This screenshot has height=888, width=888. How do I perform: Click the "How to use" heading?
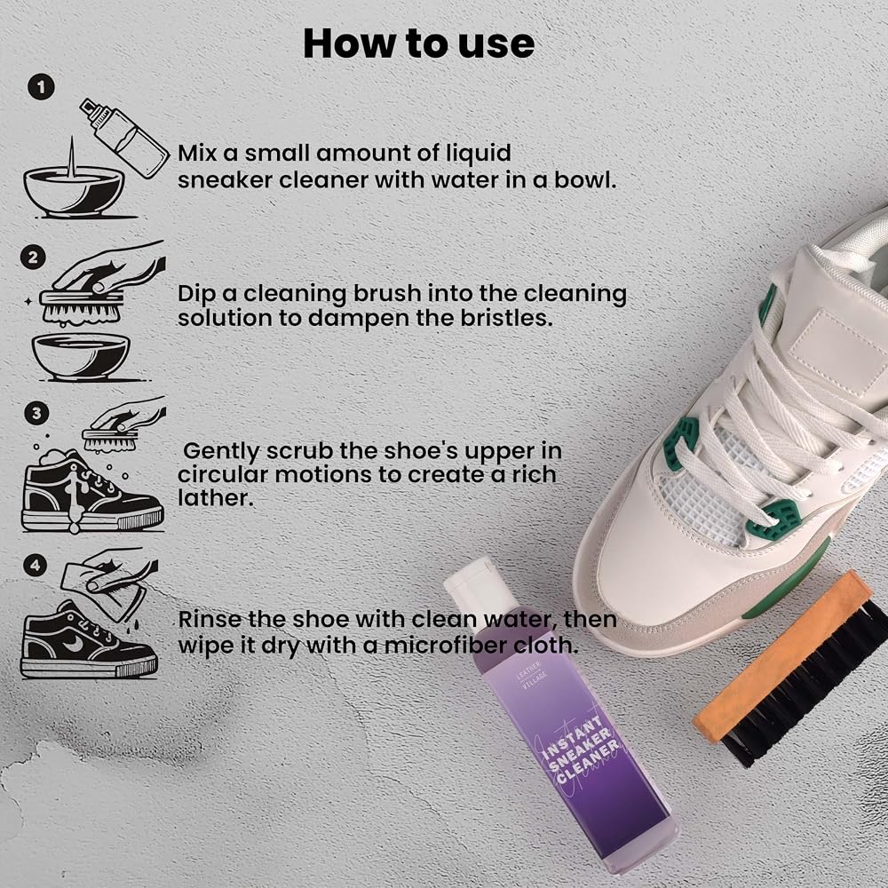click(418, 44)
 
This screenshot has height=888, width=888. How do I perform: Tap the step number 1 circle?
click(41, 87)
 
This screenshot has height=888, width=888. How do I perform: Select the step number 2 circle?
click(33, 258)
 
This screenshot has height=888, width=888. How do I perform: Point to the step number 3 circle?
click(36, 413)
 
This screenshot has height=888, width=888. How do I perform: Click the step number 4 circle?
click(36, 565)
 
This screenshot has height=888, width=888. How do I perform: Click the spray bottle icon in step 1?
click(124, 139)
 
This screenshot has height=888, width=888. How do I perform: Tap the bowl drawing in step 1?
click(74, 191)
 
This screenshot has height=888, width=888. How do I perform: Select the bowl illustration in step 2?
click(81, 357)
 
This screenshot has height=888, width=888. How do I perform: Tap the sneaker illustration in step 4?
click(89, 640)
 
